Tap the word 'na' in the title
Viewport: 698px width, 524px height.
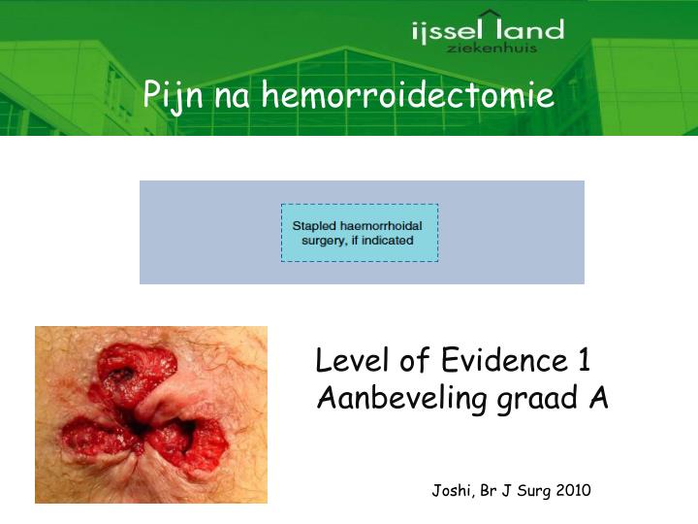[232, 96]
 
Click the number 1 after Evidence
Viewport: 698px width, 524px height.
[584, 361]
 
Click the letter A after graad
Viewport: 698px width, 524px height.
[598, 397]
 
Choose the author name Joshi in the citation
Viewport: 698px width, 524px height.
[450, 491]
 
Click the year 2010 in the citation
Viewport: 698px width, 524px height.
[573, 491]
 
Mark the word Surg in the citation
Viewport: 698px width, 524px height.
[534, 491]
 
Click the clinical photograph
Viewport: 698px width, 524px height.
[151, 414]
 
